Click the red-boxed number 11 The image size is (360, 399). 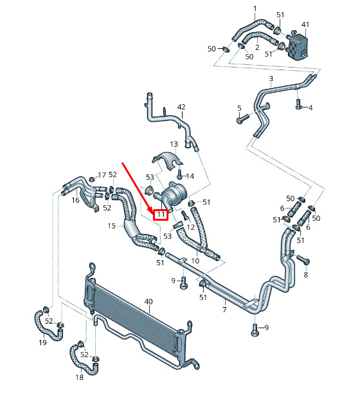coord(161,215)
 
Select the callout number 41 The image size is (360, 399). coord(305,24)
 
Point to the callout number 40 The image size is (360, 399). coord(148,302)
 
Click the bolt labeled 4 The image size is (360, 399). coord(298,104)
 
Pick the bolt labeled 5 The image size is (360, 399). coord(243,119)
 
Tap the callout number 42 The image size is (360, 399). coord(181,107)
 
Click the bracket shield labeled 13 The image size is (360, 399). coord(168,160)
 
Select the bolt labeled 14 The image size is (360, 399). coord(180,174)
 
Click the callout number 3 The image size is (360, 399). coord(271,79)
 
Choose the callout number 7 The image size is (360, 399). coord(224,310)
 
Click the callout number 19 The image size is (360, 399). coord(42,342)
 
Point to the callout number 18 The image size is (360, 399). coord(79,377)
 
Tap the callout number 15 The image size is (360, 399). coord(112,226)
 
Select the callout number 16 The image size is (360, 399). coord(75,200)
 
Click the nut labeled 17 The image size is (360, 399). coord(93,179)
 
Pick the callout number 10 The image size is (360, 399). coord(195,261)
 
